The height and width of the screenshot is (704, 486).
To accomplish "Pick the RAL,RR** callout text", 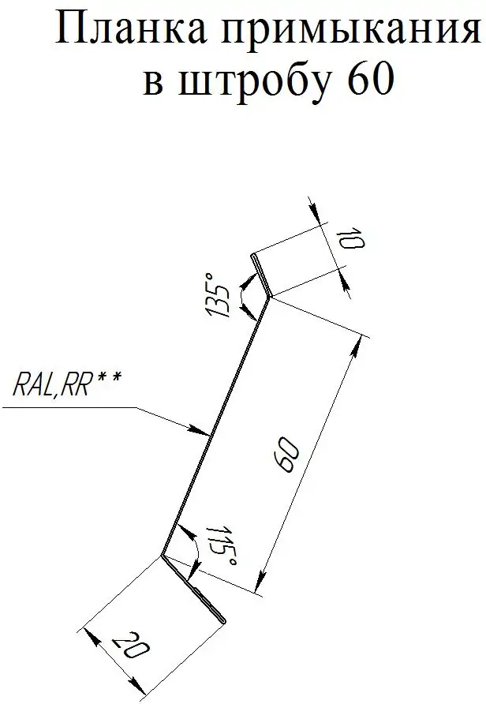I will pyautogui.click(x=67, y=386).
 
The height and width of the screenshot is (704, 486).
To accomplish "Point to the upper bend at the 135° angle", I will pyautogui.click(x=269, y=298).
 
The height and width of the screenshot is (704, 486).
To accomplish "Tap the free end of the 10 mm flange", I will pyautogui.click(x=252, y=256).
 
